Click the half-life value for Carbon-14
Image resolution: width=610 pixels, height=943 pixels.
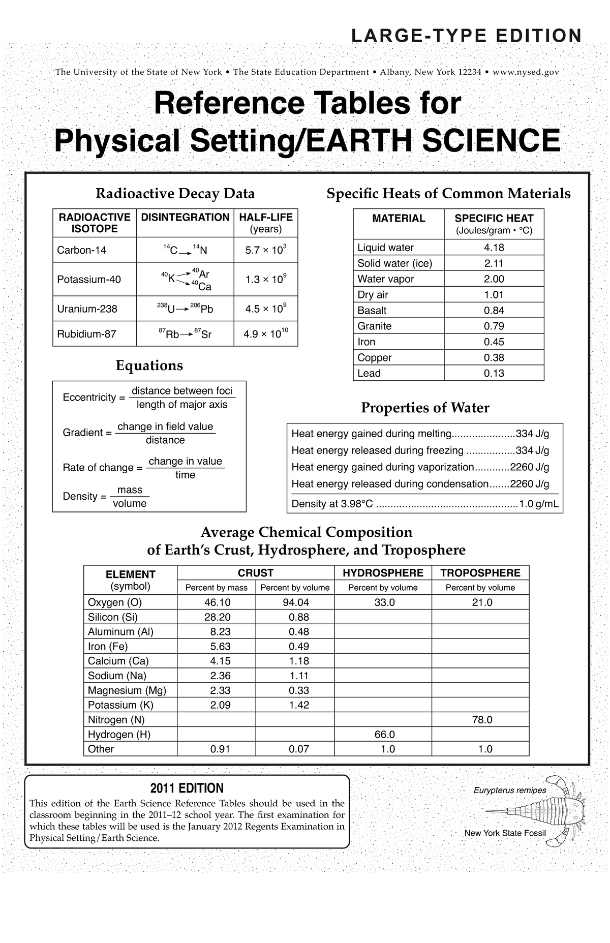[266, 250]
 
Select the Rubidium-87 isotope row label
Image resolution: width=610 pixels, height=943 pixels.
[87, 334]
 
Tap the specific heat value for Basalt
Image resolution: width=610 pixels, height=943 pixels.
[494, 311]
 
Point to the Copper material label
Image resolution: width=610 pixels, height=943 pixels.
[375, 358]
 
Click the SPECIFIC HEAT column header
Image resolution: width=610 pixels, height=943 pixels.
[494, 219]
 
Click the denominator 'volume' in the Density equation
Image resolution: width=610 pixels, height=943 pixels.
[130, 504]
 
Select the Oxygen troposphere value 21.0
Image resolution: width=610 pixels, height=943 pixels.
[481, 602]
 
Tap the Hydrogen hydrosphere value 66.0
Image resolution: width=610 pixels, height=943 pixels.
[384, 735]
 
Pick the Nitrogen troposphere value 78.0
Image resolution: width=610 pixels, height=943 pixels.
[481, 720]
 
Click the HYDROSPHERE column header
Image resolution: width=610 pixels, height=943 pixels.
[383, 573]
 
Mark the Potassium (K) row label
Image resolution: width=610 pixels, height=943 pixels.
[120, 705]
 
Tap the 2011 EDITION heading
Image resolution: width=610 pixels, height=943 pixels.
[187, 788]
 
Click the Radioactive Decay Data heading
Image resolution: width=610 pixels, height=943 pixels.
[175, 194]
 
